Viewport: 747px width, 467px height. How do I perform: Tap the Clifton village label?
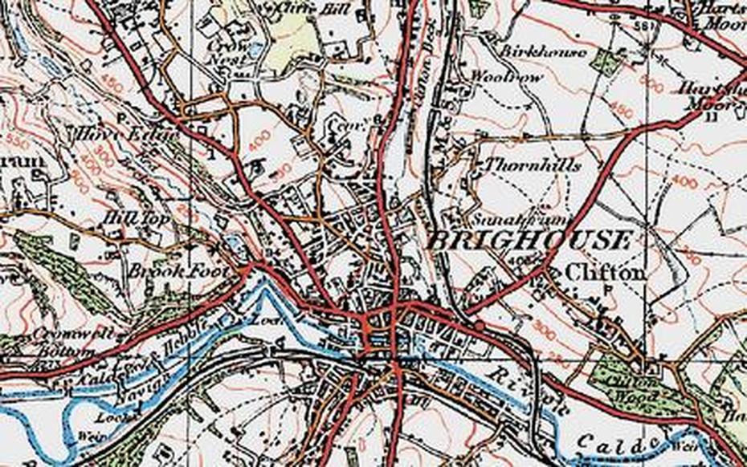click(x=605, y=273)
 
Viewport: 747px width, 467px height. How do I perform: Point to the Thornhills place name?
click(x=545, y=165)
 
